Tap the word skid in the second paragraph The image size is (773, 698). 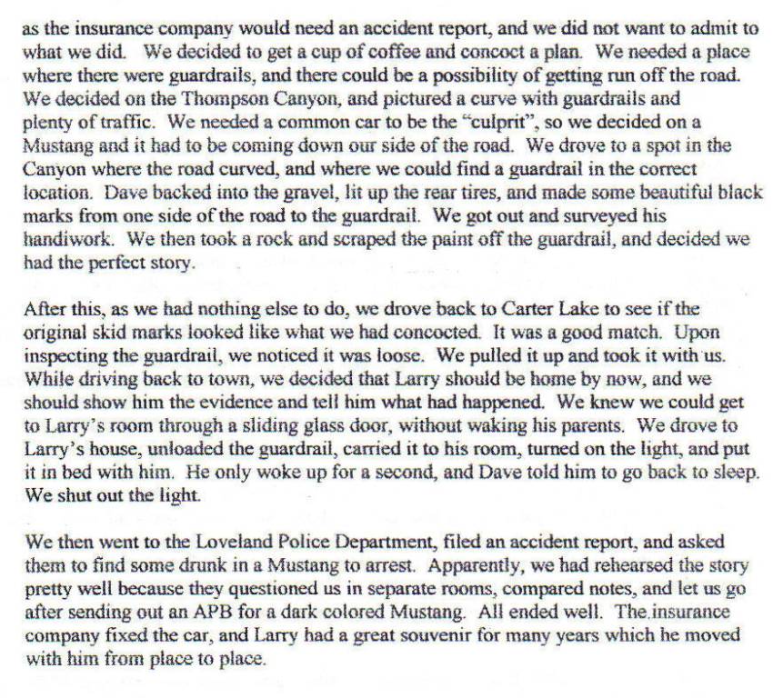[x=98, y=332]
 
